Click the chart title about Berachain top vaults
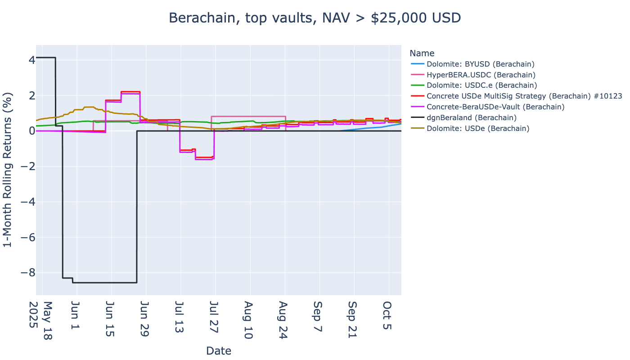click(x=315, y=18)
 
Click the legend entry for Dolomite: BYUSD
click(x=480, y=64)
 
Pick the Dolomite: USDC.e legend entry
click(x=481, y=85)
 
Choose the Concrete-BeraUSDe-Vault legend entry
click(x=495, y=107)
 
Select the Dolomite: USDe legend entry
click(x=478, y=129)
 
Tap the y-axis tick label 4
click(x=28, y=60)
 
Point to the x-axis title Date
click(x=219, y=351)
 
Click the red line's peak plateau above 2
click(x=130, y=92)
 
